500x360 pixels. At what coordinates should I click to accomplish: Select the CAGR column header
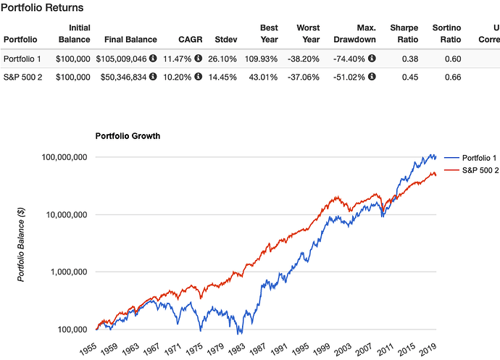click(x=191, y=38)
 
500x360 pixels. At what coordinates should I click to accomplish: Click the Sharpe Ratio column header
click(x=404, y=33)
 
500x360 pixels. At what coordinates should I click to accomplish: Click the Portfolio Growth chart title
click(x=128, y=135)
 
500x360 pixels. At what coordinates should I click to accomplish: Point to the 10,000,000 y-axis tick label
click(x=64, y=215)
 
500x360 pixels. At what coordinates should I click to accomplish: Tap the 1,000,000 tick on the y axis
click(x=67, y=272)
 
